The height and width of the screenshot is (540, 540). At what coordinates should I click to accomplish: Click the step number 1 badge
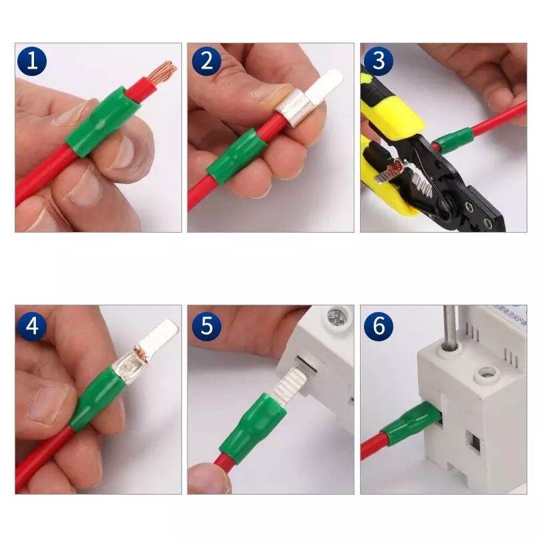tap(33, 62)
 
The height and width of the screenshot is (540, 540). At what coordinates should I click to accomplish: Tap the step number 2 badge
tap(207, 62)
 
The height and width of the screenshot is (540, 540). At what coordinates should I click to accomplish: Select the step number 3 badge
tap(379, 62)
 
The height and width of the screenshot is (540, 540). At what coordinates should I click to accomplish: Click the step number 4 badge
tap(33, 327)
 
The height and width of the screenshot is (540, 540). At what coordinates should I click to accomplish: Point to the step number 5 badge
tap(207, 327)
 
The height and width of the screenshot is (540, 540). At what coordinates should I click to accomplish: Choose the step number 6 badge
tap(379, 327)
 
